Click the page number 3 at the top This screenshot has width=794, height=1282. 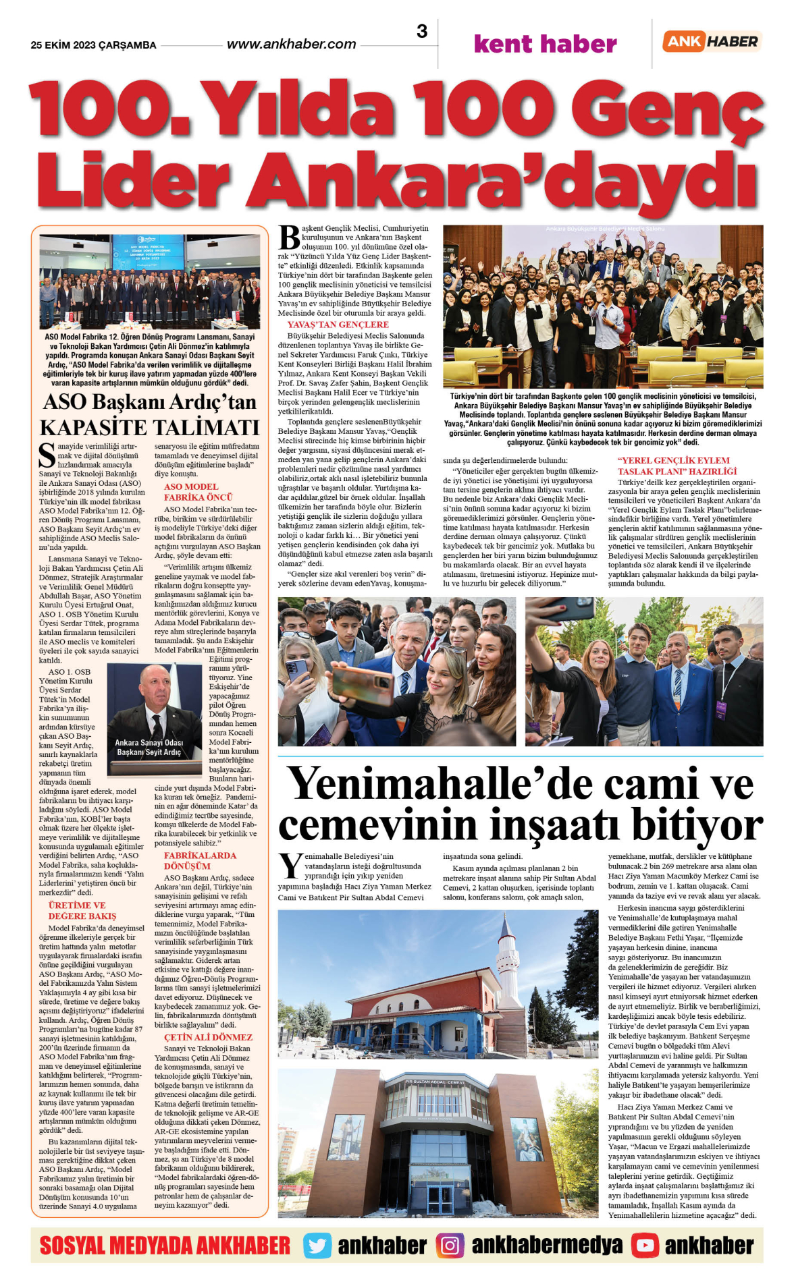422,31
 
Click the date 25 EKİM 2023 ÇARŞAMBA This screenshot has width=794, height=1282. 93,45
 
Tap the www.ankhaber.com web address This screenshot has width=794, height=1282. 291,45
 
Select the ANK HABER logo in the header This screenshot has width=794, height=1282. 712,41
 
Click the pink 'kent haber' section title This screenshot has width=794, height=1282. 545,45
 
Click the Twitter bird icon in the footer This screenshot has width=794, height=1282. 317,1245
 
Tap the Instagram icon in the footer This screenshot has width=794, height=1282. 450,1245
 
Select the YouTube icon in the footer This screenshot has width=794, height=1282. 645,1245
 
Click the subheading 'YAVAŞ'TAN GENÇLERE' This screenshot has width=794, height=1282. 338,325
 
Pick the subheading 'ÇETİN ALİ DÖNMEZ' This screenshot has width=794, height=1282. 208,1037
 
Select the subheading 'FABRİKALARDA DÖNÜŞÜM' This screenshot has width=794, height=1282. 200,860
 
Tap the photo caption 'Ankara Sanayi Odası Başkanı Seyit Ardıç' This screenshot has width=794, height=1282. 149,747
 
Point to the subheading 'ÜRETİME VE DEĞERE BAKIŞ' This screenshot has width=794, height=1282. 82,910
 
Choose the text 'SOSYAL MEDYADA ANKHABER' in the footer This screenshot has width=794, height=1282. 165,1245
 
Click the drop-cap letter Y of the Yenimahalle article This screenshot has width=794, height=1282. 290,866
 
